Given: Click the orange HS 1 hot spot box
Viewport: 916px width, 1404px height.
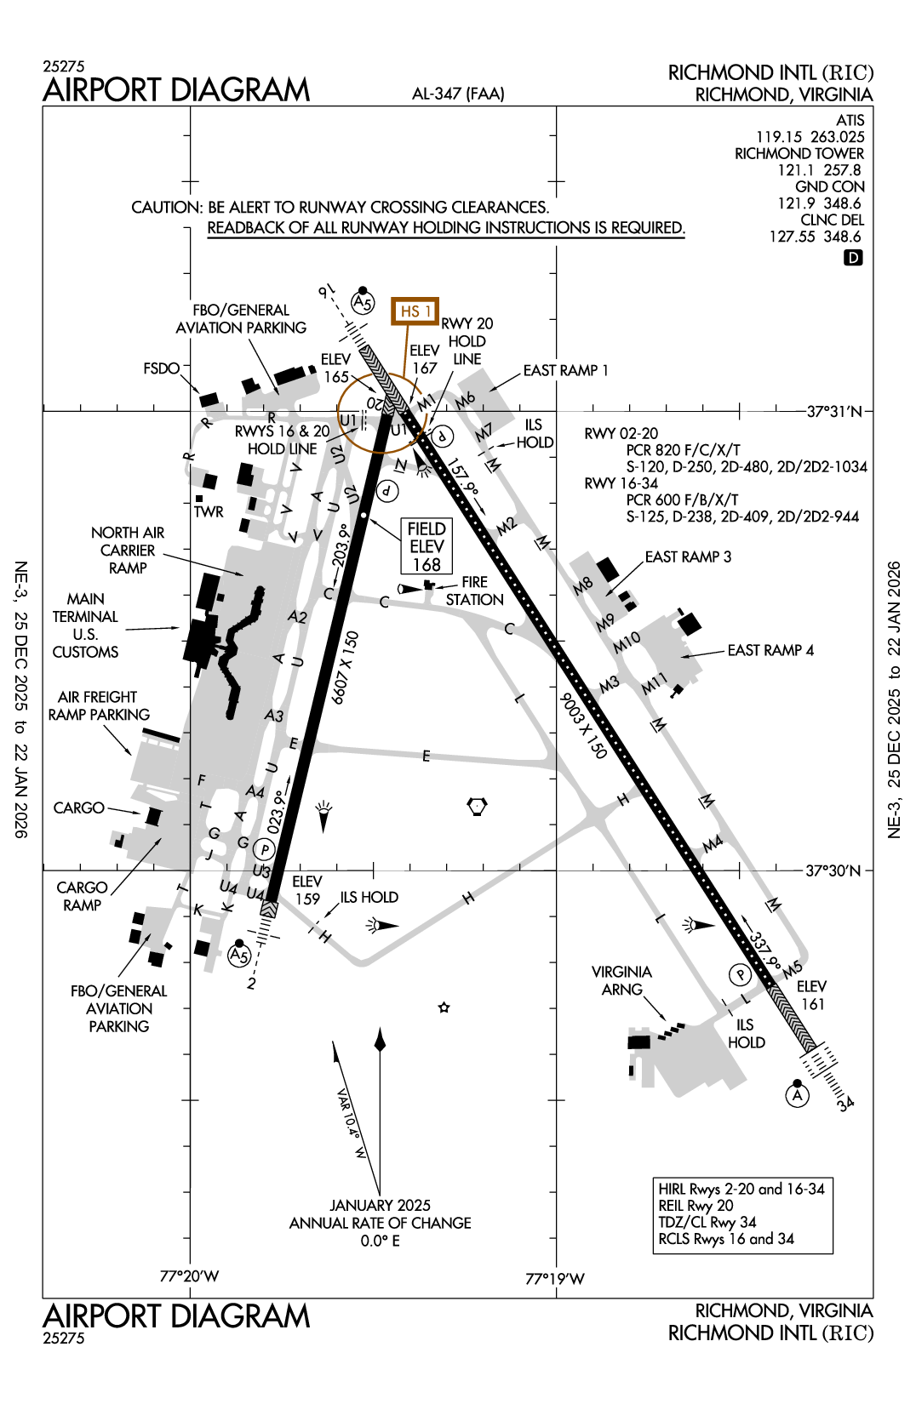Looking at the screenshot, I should click(415, 311).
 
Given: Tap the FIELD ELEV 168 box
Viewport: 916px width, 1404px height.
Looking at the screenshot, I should click(427, 546).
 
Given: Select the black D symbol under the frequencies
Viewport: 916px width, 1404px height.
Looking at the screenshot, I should click(853, 257).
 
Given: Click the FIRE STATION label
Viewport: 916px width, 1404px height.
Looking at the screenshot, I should click(474, 591).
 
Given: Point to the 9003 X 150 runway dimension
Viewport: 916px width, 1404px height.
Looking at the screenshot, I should click(584, 725).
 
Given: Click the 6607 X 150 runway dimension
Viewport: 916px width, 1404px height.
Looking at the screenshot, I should click(345, 668).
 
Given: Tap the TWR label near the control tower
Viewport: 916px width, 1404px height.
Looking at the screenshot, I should click(209, 511).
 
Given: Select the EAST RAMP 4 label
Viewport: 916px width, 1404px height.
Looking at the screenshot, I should click(770, 650).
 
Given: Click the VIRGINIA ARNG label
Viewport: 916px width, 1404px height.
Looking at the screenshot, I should click(621, 980).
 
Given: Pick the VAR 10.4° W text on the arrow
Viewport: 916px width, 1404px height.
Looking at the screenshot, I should click(352, 1124).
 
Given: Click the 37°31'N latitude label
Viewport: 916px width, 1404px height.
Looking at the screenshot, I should click(833, 412).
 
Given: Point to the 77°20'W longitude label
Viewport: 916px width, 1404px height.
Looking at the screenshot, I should click(189, 1276).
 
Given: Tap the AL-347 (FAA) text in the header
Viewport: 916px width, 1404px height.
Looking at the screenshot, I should click(458, 94).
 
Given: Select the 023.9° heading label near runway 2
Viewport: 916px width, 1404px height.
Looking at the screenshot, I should click(276, 811).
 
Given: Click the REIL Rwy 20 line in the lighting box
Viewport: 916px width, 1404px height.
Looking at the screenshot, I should click(696, 1206).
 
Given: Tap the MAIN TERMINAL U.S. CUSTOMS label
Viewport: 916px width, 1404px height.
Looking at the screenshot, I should click(85, 625).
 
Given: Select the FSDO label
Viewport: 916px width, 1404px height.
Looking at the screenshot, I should click(162, 368).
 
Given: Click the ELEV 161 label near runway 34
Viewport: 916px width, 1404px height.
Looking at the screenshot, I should click(811, 995).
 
